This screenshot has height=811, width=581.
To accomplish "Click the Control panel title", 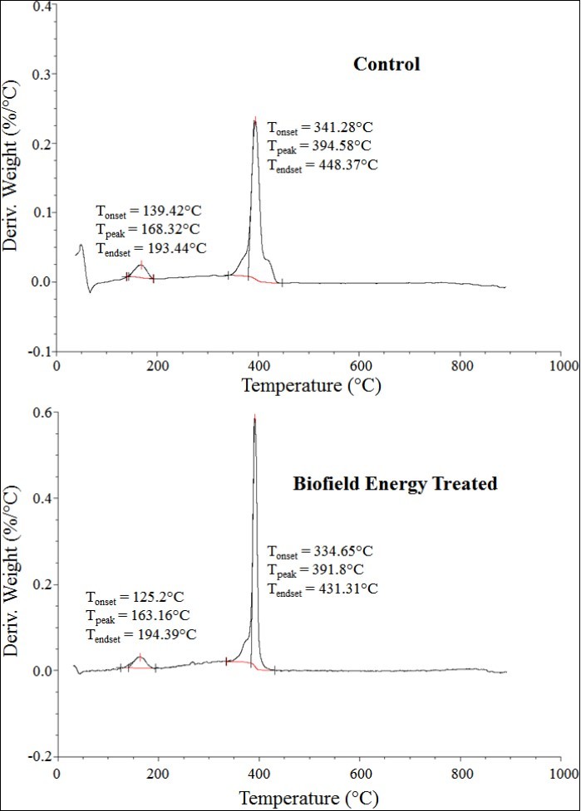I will [x=387, y=64].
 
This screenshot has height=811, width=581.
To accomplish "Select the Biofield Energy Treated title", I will [x=395, y=483].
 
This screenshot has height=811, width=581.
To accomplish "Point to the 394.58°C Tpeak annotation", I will [x=318, y=146].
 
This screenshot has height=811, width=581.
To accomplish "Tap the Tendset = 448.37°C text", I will [x=323, y=164].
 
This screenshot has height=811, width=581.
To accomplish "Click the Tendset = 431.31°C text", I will [x=323, y=589].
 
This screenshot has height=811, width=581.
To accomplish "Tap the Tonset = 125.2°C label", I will [x=135, y=597].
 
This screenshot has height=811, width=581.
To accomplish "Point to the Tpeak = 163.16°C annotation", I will [x=137, y=615].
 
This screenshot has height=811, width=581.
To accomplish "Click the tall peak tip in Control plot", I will [x=255, y=120].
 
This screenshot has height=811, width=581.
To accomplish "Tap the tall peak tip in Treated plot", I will [x=254, y=418].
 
